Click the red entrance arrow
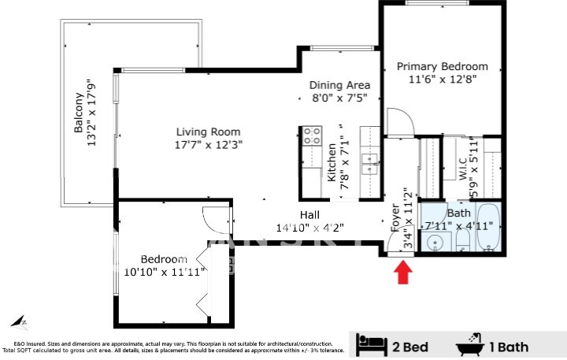[403, 273]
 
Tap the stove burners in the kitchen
[312, 135]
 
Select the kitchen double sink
[369, 163]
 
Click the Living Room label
[208, 132]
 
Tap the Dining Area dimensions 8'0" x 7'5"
[339, 98]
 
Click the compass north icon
[18, 321]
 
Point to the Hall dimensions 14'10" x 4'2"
[309, 228]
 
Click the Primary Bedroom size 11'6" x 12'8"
[442, 80]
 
